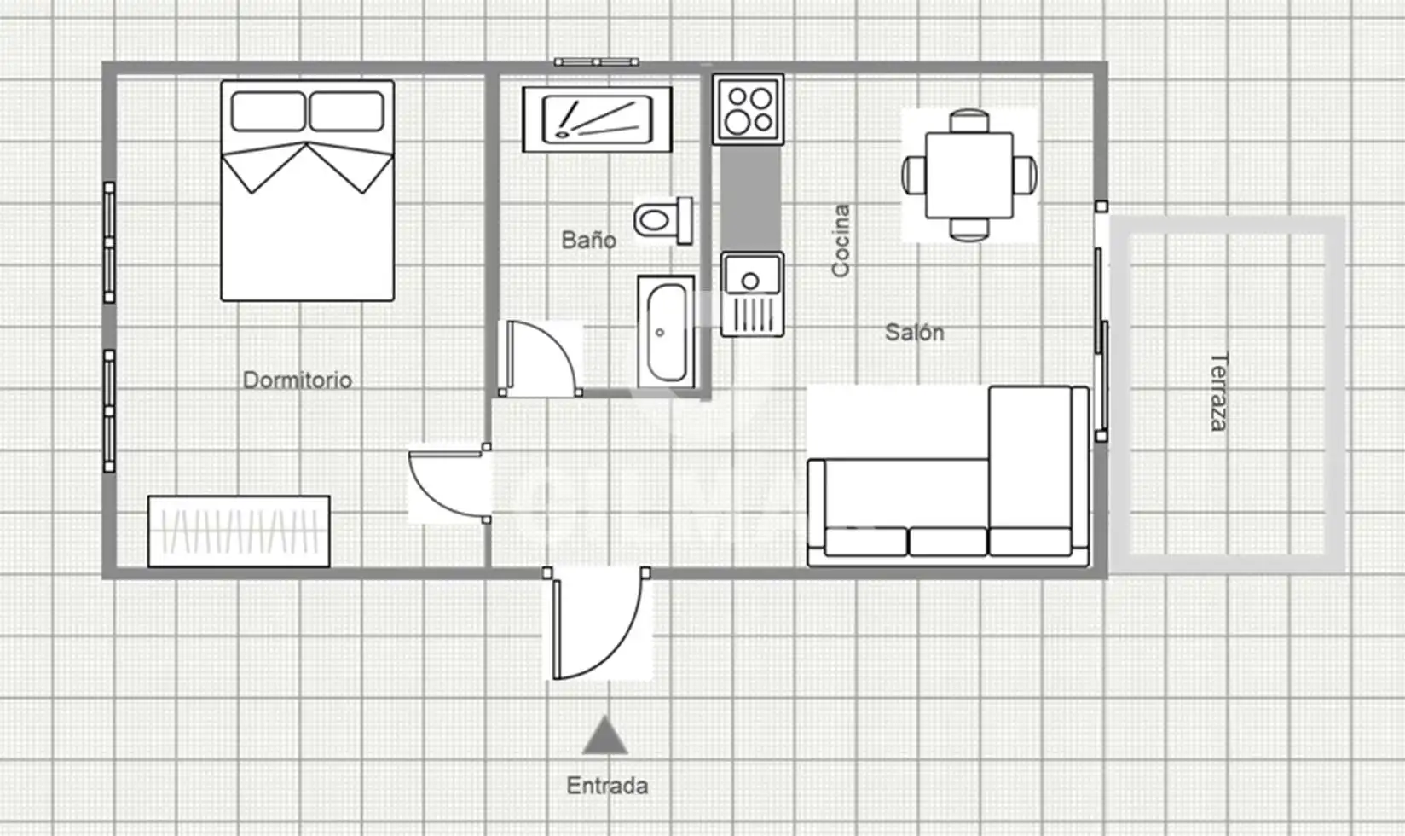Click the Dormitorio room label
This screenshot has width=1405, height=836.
298,380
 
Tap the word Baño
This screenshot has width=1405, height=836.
588,240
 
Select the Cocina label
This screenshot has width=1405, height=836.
841,240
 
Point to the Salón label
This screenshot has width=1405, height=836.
914,332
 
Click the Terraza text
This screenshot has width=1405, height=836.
1218,392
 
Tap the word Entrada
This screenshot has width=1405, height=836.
606,786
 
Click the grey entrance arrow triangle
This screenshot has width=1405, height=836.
604,735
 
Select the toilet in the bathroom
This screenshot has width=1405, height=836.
663,220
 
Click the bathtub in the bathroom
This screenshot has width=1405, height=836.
666,332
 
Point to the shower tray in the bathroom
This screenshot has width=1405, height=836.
597,119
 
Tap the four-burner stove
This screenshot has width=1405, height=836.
749,109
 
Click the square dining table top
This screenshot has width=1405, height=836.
969,175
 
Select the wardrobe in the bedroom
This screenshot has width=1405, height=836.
239,531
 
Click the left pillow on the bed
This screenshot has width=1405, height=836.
269,112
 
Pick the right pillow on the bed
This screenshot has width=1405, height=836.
347,112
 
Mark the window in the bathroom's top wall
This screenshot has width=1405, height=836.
597,61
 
